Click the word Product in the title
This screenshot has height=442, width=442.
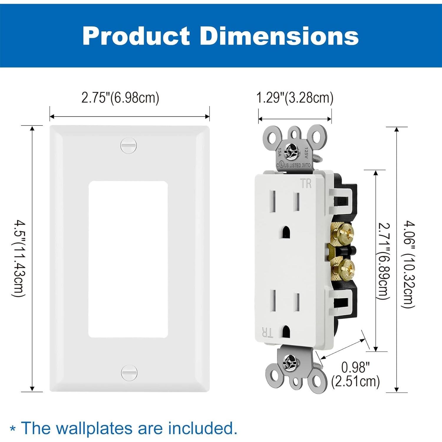click(136, 36)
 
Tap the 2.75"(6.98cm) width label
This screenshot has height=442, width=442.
click(120, 98)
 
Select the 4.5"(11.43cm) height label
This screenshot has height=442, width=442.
click(18, 258)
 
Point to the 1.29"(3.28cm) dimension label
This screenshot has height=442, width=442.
click(295, 98)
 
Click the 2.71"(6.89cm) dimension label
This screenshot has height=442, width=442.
click(384, 261)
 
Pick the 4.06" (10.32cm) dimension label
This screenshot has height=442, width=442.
click(409, 265)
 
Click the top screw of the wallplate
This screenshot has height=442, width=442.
click(129, 145)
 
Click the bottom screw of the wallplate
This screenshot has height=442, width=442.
click(129, 373)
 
